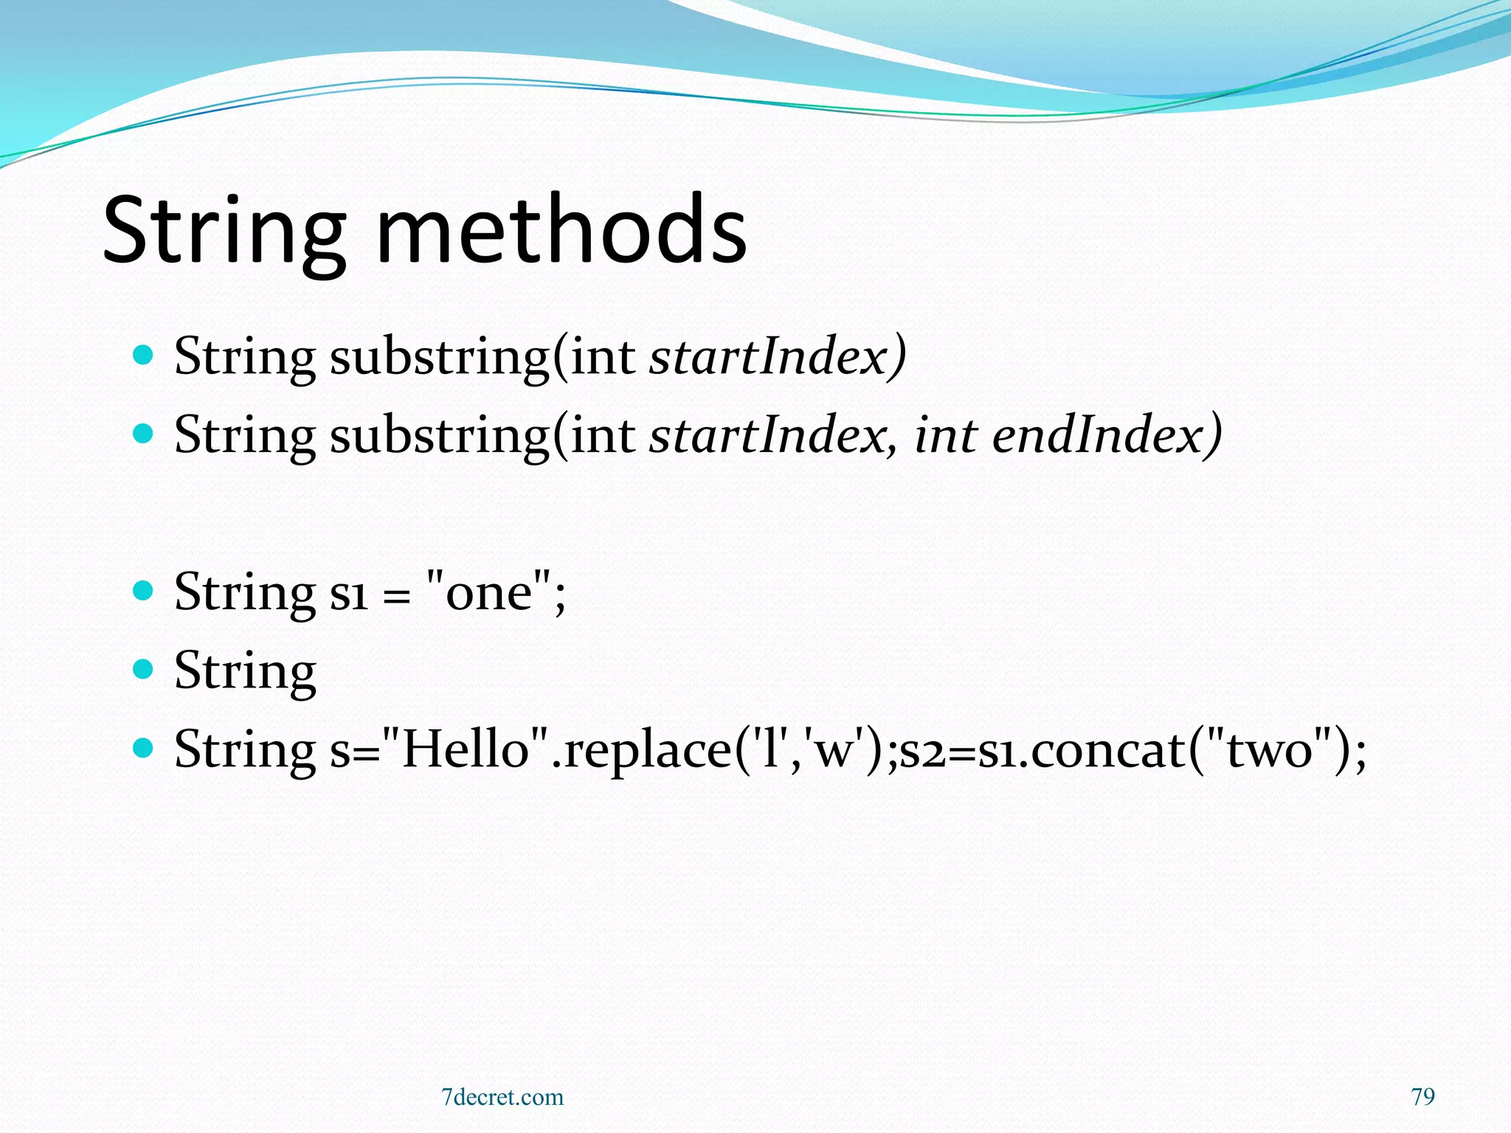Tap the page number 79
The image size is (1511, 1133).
(x=1422, y=1097)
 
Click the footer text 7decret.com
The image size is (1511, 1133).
(x=502, y=1098)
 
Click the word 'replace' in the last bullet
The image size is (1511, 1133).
(x=647, y=750)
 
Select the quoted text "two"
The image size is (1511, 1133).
(x=1269, y=749)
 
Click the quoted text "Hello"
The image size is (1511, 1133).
(x=466, y=749)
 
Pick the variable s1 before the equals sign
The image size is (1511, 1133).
(x=348, y=592)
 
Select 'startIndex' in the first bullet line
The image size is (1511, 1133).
(x=767, y=356)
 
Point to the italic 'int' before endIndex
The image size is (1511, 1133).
(x=946, y=434)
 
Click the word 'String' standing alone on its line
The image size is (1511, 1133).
(x=245, y=671)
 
